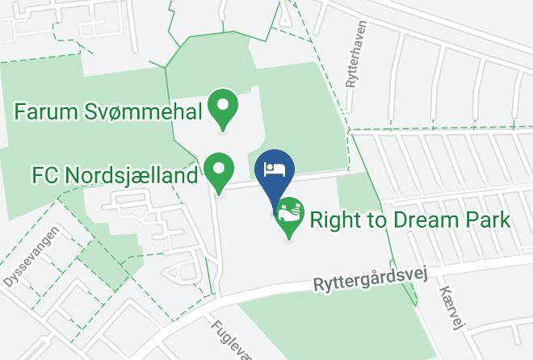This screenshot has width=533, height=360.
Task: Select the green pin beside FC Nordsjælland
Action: pyautogui.click(x=218, y=171)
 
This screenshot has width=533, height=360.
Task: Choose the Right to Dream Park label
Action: pyautogui.click(x=410, y=220)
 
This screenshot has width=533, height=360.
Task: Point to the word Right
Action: pyautogui.click(x=335, y=220)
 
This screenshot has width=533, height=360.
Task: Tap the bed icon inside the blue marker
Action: pyautogui.click(x=275, y=169)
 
